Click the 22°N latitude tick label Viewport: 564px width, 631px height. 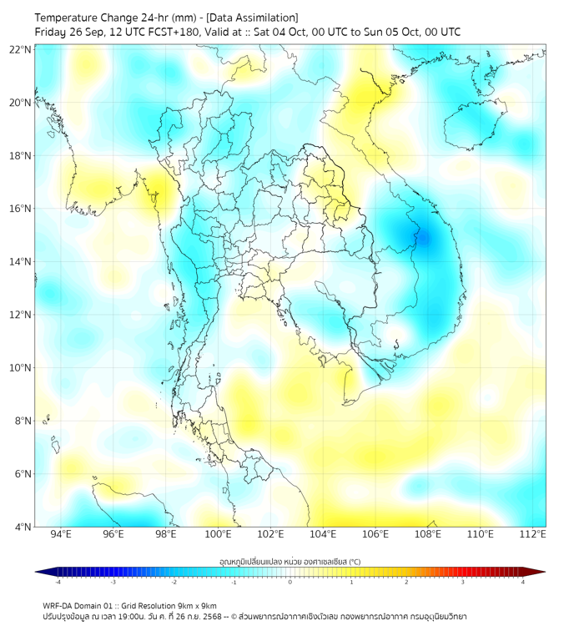tap(21, 50)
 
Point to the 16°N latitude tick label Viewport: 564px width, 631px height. tap(21, 209)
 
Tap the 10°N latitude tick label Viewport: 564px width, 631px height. tap(21, 368)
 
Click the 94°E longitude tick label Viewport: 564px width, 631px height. tap(61, 534)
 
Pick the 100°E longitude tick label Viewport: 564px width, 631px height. tap(218, 534)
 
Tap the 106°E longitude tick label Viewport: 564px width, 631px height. tap(375, 534)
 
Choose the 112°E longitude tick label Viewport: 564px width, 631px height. tap(532, 534)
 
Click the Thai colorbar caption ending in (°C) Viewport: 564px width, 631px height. tap(290, 560)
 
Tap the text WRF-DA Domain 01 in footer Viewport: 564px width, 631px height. tap(80, 605)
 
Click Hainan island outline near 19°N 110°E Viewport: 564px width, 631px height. tap(471, 129)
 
